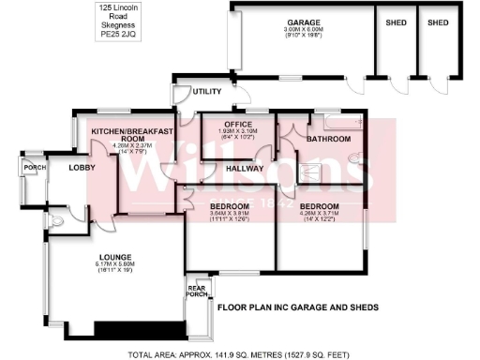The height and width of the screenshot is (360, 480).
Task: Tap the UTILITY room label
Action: coord(206,91)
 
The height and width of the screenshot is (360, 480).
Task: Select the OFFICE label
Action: coord(230,122)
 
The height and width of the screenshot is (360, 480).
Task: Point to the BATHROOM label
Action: coord(328,138)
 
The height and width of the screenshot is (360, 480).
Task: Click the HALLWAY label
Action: coord(245,168)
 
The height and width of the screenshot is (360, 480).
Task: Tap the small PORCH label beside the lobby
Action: coord(35,168)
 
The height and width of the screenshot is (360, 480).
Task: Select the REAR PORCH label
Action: coord(197,292)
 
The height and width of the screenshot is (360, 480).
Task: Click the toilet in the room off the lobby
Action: coord(57,222)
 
